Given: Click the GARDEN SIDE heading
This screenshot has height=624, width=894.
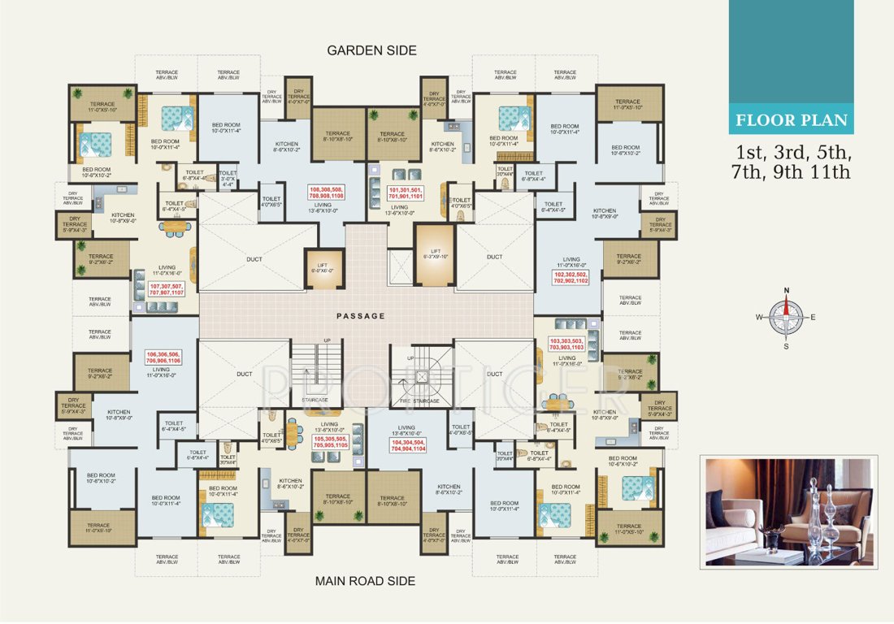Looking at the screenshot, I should [x=371, y=50].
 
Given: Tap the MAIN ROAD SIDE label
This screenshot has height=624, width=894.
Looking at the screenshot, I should [x=365, y=581].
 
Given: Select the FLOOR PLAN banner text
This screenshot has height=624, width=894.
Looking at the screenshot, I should [x=791, y=122].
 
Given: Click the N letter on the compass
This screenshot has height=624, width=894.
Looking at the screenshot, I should [x=786, y=291].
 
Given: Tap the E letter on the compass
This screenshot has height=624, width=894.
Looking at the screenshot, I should [x=813, y=318].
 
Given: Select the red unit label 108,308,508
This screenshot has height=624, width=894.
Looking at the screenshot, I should [x=327, y=193].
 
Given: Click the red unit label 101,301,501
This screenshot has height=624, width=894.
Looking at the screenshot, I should [x=406, y=193].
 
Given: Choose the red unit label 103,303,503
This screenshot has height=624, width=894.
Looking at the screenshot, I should [x=566, y=344].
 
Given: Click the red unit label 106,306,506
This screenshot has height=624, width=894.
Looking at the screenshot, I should [x=163, y=359].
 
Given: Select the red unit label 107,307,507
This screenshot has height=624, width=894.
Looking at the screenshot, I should [x=167, y=289].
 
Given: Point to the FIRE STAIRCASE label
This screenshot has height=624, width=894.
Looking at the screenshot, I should [x=420, y=401].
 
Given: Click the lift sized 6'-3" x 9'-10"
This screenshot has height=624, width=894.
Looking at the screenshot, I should [x=435, y=254].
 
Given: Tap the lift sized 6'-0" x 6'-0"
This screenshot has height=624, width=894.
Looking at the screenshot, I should [x=322, y=268].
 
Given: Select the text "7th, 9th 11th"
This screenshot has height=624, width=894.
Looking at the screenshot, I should [x=792, y=172].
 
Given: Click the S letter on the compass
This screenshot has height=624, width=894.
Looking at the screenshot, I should [x=786, y=345].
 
